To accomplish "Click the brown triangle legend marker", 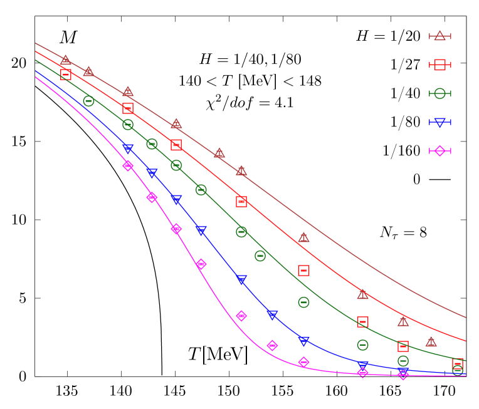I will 440,36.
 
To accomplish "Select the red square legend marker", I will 440,65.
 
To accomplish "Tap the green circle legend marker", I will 440,93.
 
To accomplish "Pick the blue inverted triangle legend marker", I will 440,122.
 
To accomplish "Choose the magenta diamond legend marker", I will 440,151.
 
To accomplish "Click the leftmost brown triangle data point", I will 66,60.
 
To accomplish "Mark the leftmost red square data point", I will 66,75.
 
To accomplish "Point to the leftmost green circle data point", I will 88,101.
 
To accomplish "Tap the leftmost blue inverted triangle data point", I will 128,148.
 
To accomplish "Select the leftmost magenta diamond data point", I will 128,165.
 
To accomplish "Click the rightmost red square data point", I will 458,364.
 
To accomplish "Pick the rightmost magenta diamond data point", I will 403,375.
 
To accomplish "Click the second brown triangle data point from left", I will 88,71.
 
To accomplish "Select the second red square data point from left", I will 128,108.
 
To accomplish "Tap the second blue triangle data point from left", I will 152,173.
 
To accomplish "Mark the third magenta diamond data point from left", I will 176,229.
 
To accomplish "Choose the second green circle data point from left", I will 128,125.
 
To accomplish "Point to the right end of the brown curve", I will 466,318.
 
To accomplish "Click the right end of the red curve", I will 466,341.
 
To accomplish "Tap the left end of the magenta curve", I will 35,76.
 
